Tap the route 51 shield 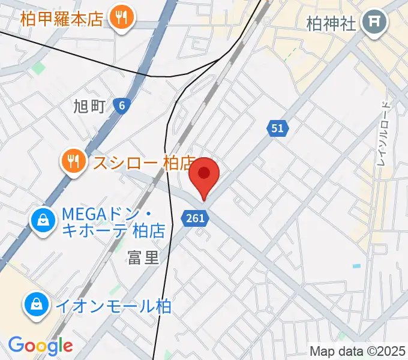(277, 128)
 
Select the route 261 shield (196, 218)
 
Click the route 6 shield (122, 106)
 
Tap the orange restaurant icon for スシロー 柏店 (73, 161)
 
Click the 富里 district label (143, 257)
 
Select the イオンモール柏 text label (113, 306)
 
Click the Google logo (40, 345)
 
